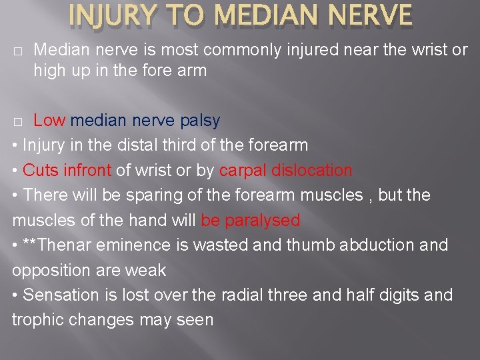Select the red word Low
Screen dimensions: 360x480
49,121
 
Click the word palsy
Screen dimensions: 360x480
200,121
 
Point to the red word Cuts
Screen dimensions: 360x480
41,170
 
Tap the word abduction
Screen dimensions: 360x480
374,245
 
